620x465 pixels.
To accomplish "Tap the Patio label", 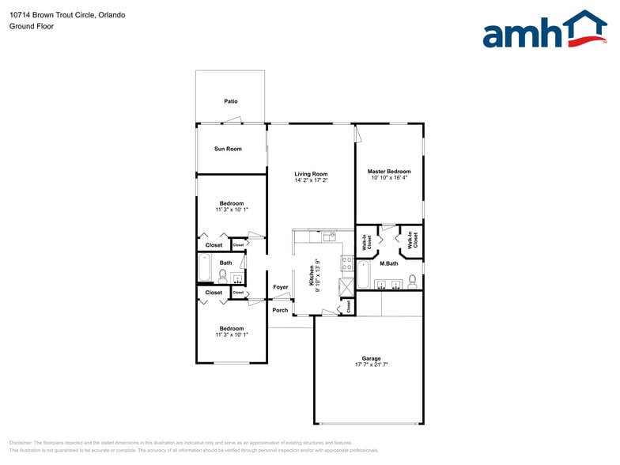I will (230, 101).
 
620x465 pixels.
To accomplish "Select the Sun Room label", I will (228, 149).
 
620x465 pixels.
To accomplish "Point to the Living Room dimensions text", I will (311, 180).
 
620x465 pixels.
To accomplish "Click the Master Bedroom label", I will (389, 172).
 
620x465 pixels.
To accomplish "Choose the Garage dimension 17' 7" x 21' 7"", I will (371, 365).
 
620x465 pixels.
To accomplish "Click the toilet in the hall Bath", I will (223, 276).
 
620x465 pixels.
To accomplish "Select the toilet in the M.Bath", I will (412, 281).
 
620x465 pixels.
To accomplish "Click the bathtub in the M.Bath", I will (363, 275).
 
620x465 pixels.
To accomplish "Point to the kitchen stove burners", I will (346, 263).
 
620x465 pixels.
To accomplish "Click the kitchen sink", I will (329, 236).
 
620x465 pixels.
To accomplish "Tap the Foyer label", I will (281, 287).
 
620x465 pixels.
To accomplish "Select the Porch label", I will (280, 310).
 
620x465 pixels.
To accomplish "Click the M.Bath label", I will (388, 263).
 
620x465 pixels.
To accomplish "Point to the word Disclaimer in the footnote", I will (21, 443).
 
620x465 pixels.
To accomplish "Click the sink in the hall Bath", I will (236, 278).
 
